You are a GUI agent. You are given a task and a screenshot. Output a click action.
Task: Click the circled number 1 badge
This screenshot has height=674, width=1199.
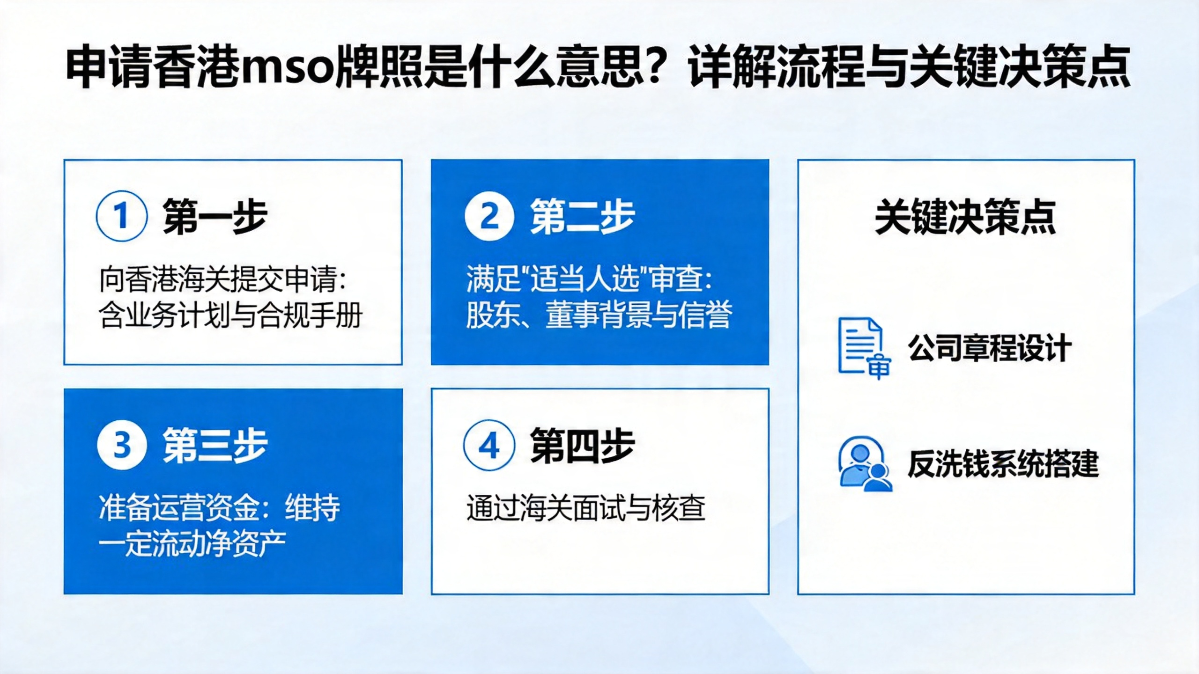pos(122,216)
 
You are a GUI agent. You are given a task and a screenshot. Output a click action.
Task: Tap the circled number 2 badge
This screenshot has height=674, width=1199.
pos(489,216)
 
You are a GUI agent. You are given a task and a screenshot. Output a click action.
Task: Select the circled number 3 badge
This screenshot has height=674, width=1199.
pos(122,445)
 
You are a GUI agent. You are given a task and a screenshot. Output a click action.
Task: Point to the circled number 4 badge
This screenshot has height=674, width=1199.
pos(489,445)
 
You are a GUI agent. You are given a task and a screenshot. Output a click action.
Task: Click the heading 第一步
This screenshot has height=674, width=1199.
pos(215,216)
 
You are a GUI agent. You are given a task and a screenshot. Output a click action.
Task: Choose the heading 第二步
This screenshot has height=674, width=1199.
pos(582,216)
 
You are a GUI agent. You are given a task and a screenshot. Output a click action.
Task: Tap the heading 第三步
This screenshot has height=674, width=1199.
pos(215,445)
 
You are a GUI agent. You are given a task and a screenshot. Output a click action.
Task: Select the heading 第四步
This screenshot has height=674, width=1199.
pos(582,445)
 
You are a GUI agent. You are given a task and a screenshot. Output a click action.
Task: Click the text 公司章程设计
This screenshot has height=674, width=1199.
pos(990,348)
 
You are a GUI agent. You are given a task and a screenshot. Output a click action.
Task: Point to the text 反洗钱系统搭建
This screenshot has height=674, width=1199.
pos(1003,463)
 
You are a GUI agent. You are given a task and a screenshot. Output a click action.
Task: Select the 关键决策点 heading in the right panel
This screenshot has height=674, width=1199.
pos(966,217)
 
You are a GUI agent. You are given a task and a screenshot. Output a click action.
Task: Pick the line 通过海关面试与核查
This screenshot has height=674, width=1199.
pos(585,508)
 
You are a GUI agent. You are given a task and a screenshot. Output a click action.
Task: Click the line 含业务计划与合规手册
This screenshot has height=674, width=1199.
pos(230,315)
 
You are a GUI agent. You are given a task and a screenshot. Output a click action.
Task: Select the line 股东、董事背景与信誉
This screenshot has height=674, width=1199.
pos(599,315)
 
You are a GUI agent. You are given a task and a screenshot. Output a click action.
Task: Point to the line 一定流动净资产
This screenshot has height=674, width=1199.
pos(192,544)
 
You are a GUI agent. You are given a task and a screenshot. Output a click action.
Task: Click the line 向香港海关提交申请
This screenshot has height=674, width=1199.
pos(222,279)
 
